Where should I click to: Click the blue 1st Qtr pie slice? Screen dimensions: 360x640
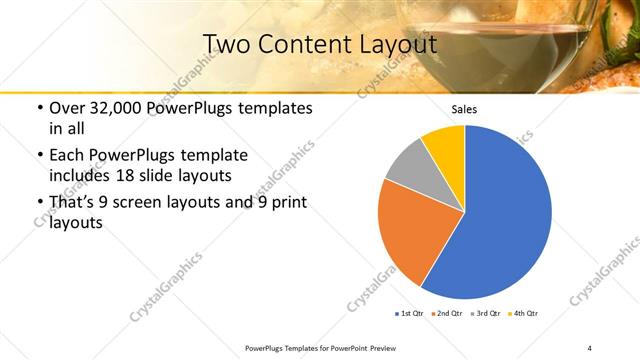point(505,215)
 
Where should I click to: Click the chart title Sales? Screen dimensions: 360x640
point(464,110)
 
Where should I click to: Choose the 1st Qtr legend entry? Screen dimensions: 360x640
point(410,314)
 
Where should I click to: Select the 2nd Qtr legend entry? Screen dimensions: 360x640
point(448,314)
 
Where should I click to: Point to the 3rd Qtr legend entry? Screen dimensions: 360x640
point(486,314)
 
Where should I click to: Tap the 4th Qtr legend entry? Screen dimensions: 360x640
point(523,314)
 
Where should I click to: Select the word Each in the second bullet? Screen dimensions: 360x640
point(65,156)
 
